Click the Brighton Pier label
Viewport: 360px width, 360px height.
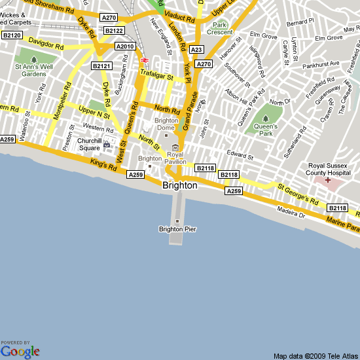pyautogui.click(x=177, y=229)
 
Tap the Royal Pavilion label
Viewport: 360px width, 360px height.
pyautogui.click(x=175, y=158)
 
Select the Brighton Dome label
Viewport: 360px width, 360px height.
pyautogui.click(x=166, y=124)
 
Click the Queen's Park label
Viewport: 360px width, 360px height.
pyautogui.click(x=266, y=130)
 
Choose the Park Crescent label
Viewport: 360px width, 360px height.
pyautogui.click(x=219, y=29)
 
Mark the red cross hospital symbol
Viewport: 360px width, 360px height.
pyautogui.click(x=328, y=179)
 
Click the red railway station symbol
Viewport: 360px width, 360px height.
pyautogui.click(x=143, y=61)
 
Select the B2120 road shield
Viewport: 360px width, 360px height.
pyautogui.click(x=12, y=35)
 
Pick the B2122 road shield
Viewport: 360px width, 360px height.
pyautogui.click(x=114, y=31)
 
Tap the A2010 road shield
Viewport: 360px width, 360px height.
pyautogui.click(x=124, y=46)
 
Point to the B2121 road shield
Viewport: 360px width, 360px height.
pyautogui.click(x=101, y=66)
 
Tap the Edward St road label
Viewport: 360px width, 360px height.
pyautogui.click(x=240, y=156)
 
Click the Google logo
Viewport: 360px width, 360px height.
pyautogui.click(x=20, y=351)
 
